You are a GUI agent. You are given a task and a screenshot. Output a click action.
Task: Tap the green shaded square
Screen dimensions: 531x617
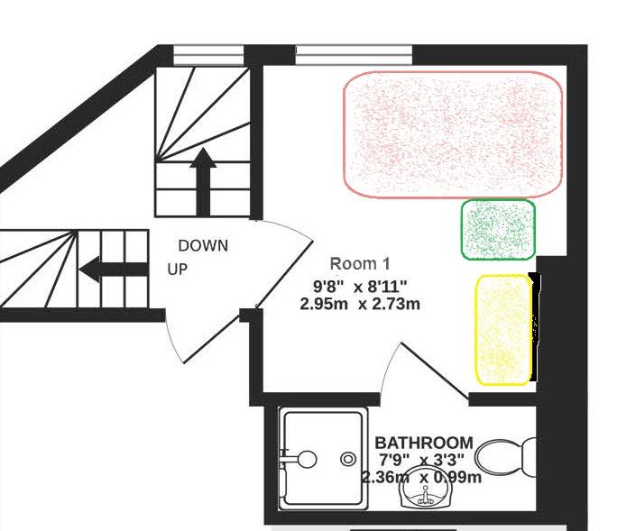(x=498, y=230)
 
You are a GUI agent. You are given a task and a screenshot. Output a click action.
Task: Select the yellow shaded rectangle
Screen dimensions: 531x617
(x=502, y=330)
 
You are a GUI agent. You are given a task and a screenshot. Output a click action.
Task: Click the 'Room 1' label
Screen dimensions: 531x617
(x=360, y=264)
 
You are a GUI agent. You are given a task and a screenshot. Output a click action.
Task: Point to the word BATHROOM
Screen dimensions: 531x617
(x=423, y=443)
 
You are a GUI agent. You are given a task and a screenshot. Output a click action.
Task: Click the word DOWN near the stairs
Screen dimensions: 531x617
(x=203, y=245)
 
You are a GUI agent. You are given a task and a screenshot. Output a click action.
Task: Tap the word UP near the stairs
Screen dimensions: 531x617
(x=178, y=270)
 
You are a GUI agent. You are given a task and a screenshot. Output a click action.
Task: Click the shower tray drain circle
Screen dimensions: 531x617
(x=348, y=459)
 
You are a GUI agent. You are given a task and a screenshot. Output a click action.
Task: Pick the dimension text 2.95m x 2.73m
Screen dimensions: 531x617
(x=360, y=304)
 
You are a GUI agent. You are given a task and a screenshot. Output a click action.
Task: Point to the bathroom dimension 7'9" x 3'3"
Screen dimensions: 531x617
(x=423, y=460)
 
